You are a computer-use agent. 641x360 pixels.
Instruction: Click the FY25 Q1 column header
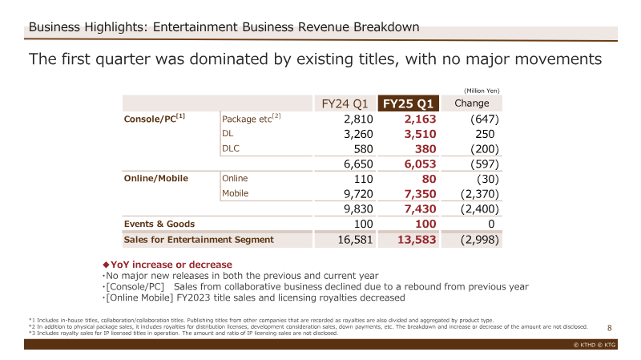408,103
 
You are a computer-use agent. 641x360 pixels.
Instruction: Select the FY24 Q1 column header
345,103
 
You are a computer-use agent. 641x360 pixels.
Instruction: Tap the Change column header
472,103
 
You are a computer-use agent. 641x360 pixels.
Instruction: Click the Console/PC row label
154,118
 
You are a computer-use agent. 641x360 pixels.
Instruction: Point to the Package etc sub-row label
251,118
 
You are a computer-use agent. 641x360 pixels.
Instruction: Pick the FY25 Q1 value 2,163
420,119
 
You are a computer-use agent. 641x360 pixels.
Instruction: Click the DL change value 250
485,134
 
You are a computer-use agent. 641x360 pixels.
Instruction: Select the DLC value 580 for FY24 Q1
364,149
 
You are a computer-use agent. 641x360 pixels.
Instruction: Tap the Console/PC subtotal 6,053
420,164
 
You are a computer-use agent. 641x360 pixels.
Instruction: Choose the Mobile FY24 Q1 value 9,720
358,194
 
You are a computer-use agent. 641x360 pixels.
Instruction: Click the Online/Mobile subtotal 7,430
420,209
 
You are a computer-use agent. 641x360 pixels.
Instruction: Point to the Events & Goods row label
159,224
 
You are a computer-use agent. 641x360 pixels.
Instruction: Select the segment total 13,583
417,240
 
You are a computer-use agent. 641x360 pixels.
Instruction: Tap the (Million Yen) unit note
482,91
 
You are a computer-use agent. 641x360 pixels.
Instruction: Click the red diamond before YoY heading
106,265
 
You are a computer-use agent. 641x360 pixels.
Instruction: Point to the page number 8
610,328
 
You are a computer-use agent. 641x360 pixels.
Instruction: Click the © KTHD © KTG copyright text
595,345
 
